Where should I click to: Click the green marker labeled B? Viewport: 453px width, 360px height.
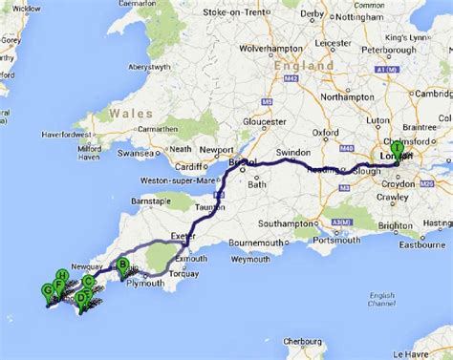123,265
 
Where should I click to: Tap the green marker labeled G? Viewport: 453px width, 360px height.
48,290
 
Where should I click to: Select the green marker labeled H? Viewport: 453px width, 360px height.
61,277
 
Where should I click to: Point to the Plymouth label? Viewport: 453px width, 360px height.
145,284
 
